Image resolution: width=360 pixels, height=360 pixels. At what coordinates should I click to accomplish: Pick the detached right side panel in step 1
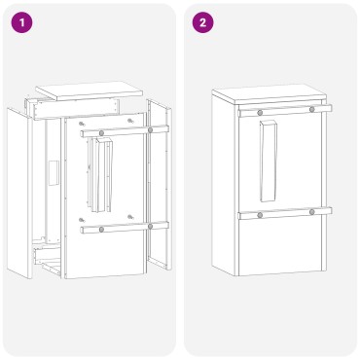coord(158,185)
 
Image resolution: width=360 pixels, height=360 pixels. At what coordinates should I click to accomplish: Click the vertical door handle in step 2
coord(269,155)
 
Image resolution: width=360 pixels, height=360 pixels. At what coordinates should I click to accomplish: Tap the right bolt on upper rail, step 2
coord(311,109)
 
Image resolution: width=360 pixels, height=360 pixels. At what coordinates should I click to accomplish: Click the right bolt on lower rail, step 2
coord(311,211)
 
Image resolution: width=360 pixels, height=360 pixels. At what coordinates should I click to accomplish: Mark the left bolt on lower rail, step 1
coord(101,229)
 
